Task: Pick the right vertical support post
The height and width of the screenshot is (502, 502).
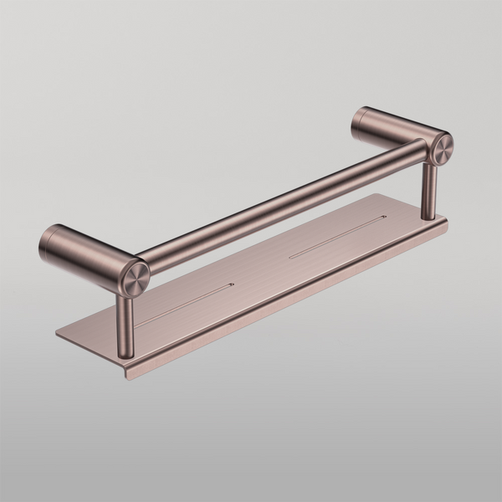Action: tap(429, 191)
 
